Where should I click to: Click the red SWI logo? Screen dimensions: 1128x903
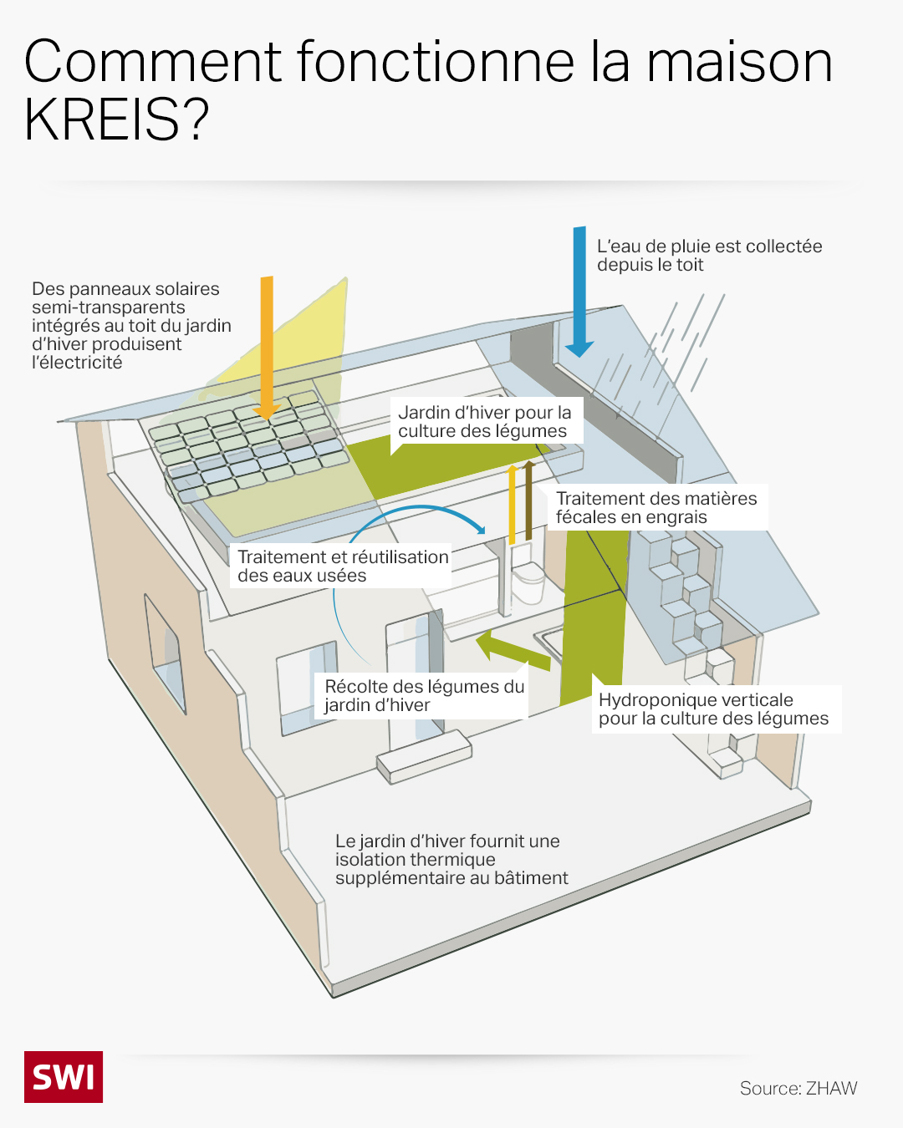pos(64,1076)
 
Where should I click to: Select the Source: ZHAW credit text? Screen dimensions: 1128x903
pos(798,1088)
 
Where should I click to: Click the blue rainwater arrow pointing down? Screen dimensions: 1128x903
pos(579,292)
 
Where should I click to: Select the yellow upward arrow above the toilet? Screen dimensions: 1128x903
pos(513,505)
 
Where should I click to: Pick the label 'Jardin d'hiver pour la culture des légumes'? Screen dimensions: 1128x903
pos(485,422)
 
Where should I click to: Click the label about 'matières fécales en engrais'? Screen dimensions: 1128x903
pos(656,508)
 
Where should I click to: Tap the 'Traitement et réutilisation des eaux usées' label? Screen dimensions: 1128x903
pos(343,567)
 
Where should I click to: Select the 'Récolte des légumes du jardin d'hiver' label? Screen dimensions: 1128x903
pos(424,695)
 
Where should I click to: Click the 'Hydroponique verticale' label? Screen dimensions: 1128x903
pos(713,709)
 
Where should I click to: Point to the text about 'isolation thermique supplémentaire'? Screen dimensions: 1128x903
pos(451,859)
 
